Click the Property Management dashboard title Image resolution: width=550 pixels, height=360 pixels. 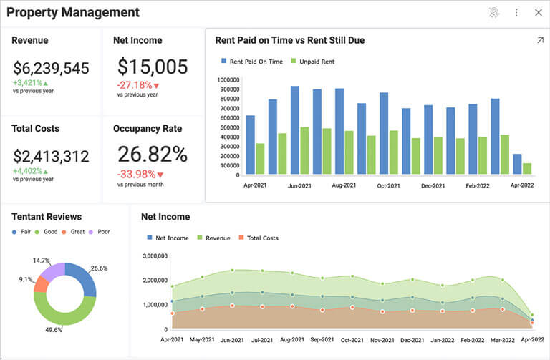point(73,12)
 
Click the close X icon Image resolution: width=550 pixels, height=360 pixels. point(539,12)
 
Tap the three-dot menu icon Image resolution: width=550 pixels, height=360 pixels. point(516,12)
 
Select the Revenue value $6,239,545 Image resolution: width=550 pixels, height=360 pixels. point(51,69)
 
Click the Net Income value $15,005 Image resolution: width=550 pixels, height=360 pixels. point(153,67)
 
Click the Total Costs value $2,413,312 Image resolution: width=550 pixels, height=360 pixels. point(51,156)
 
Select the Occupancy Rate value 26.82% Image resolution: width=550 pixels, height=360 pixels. point(153,155)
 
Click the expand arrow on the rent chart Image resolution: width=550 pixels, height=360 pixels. point(540,40)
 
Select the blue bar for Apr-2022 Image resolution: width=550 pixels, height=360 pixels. point(517,164)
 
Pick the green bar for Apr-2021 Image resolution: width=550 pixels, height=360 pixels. point(260,159)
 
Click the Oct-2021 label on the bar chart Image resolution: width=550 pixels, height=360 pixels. point(388,185)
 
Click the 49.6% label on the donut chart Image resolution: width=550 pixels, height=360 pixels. point(53,330)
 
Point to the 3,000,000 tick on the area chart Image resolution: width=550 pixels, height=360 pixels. point(155,256)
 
